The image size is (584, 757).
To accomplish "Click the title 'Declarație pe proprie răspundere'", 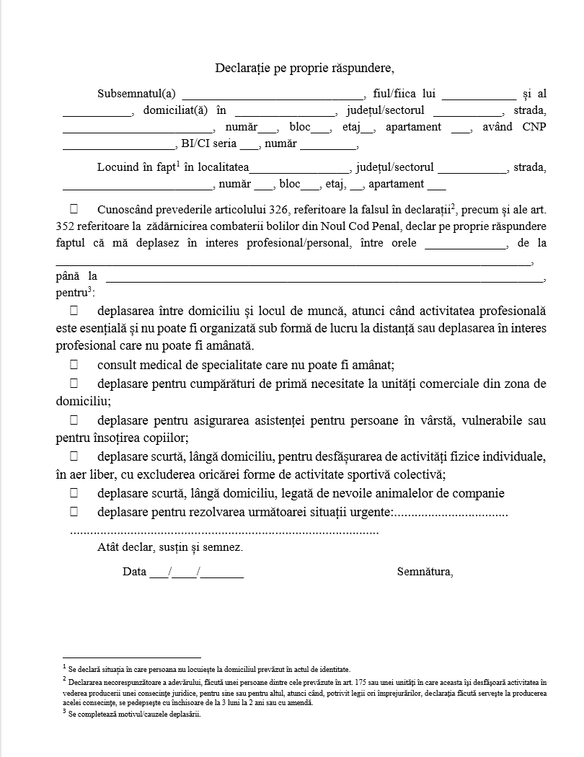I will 304,68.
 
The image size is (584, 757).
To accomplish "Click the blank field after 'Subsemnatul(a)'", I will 274,94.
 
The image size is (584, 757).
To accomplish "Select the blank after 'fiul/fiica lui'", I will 479,94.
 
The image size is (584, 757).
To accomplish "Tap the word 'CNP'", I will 534,127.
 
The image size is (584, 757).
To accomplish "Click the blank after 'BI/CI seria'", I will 249,144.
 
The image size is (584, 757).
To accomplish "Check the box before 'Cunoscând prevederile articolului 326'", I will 74,209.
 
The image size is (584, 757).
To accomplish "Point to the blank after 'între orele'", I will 466,244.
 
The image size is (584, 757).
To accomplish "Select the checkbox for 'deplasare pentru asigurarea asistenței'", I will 74,419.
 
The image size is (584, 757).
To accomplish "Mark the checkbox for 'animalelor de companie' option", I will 74,493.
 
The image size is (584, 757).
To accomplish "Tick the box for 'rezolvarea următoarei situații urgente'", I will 74,512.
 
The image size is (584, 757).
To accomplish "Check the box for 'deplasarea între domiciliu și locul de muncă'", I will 74,310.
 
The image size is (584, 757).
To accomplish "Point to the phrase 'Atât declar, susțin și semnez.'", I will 170,546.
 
